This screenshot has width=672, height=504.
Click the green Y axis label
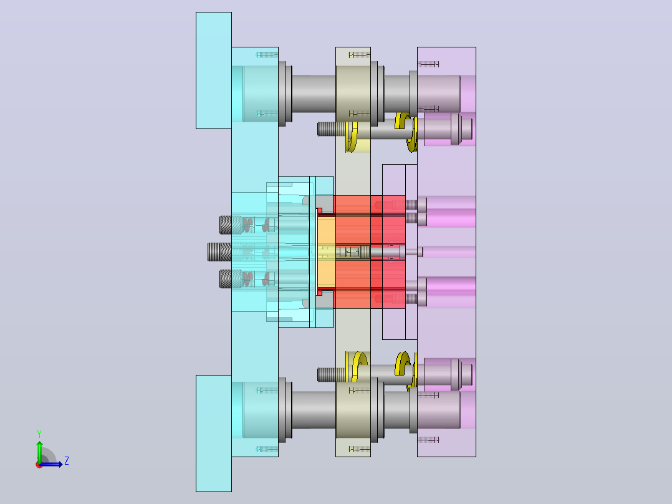tap(39, 434)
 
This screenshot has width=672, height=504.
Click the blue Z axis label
tap(67, 461)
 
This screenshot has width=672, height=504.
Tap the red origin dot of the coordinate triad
tap(39, 465)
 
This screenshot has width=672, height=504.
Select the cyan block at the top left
tap(213, 70)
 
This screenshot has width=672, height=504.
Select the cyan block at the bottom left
tap(213, 434)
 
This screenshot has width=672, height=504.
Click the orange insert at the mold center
tap(327, 252)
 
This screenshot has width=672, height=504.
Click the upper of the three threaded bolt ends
tap(226, 225)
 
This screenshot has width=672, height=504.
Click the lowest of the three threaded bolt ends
tap(226, 279)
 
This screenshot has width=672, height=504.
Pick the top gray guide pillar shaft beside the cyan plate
tap(314, 94)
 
